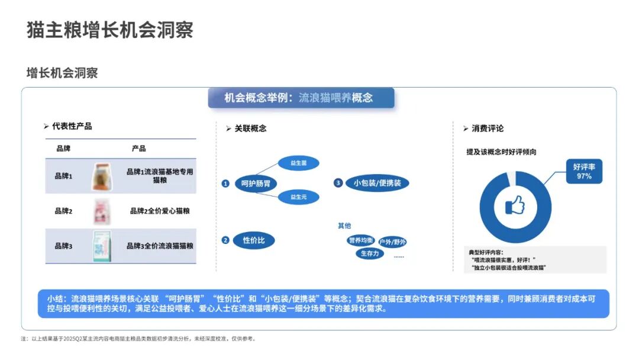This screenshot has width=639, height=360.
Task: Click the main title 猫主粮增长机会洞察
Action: coord(110,30)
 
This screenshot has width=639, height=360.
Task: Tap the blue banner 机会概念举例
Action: coord(301,98)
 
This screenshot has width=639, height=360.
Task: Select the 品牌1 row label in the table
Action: coord(63,176)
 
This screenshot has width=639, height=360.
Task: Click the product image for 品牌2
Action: coord(102,211)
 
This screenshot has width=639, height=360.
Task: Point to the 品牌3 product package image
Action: coord(102,245)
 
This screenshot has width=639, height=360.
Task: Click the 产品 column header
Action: coord(139,148)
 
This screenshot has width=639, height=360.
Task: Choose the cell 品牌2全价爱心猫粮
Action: coord(160,211)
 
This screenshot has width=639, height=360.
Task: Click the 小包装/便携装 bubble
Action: coord(377,183)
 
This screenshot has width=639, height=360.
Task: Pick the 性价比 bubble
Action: coord(254,240)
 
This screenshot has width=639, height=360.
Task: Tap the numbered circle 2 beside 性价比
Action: coord(225,240)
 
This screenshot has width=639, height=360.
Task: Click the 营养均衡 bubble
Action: coord(361,240)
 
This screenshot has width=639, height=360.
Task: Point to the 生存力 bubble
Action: coord(369,253)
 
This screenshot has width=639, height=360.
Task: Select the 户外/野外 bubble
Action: coord(392,242)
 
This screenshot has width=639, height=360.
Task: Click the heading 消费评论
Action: coord(488,128)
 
